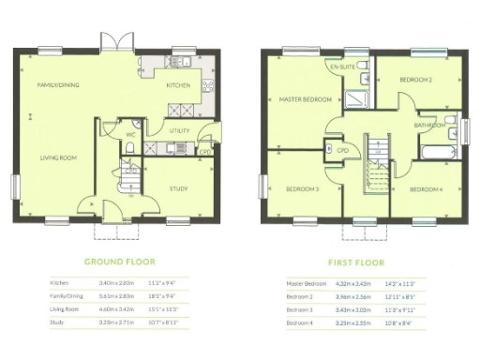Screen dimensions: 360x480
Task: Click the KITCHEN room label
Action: click(178, 85)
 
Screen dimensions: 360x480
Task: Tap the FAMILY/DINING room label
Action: click(57, 85)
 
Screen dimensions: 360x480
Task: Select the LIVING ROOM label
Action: click(58, 157)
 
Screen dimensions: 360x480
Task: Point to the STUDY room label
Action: click(178, 188)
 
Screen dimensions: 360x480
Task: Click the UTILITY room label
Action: click(180, 130)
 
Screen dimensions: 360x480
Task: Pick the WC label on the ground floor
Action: click(130, 134)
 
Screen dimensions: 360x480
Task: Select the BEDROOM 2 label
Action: click(414, 81)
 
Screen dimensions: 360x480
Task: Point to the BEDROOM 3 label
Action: click(304, 188)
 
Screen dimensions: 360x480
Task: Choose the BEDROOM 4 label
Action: click(427, 188)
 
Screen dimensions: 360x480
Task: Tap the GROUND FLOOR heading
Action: click(120, 262)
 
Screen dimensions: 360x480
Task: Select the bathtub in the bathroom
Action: click(439, 152)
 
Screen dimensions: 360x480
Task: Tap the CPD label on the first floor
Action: click(343, 148)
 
